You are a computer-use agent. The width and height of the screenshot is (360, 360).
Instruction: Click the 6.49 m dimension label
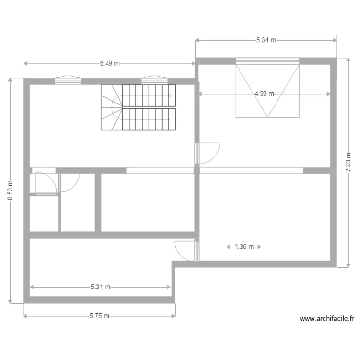pyautogui.click(x=110, y=63)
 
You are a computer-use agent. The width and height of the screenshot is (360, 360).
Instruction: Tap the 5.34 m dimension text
pyautogui.click(x=266, y=40)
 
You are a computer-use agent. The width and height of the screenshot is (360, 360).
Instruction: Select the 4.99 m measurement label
pyautogui.click(x=264, y=94)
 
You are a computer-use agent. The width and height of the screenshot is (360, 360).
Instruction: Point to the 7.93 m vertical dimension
pyautogui.click(x=348, y=162)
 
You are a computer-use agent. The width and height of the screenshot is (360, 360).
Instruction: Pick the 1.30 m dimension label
pyautogui.click(x=244, y=247)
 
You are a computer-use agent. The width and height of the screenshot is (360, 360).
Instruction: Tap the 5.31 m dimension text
pyautogui.click(x=100, y=287)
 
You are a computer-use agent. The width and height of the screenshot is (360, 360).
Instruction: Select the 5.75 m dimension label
pyautogui.click(x=99, y=316)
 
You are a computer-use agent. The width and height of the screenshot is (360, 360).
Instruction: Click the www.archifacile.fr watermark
pyautogui.click(x=326, y=318)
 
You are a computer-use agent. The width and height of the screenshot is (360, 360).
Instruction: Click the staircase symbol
pyautogui.click(x=138, y=108)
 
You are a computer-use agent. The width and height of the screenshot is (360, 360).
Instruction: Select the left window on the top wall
pyautogui.click(x=68, y=81)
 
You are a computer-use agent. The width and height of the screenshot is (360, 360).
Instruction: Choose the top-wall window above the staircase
pyautogui.click(x=153, y=81)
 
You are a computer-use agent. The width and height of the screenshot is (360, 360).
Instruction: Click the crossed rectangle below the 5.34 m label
pyautogui.click(x=267, y=91)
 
